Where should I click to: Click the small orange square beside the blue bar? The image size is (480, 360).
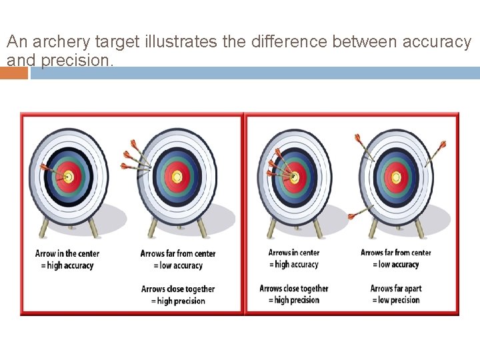(x=14, y=73)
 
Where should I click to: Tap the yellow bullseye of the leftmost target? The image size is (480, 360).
(x=67, y=177)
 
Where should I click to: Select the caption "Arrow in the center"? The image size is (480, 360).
(x=67, y=253)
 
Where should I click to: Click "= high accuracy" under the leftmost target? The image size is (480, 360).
(x=67, y=265)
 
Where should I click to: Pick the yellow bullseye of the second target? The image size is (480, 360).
(x=177, y=177)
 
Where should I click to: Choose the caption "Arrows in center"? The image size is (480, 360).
(x=294, y=253)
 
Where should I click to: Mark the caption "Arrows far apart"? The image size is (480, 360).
(x=396, y=289)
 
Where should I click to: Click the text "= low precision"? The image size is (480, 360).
(x=396, y=301)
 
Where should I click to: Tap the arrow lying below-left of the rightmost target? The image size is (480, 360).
(x=360, y=213)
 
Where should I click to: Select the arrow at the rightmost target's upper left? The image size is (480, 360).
(x=363, y=147)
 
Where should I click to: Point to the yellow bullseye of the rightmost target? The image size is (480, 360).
(x=396, y=177)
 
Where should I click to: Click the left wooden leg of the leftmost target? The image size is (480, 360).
(x=44, y=227)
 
